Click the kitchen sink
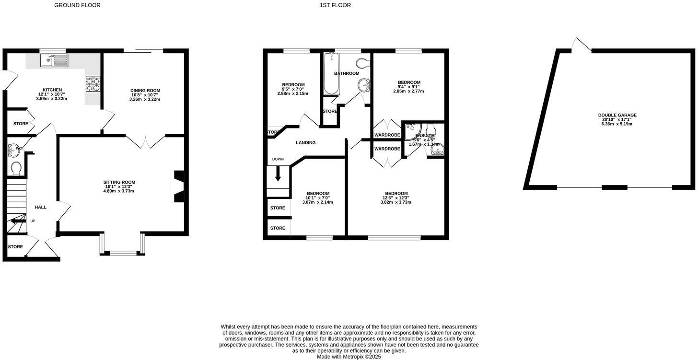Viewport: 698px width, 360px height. tap(54, 60)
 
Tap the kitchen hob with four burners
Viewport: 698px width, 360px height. tap(93, 84)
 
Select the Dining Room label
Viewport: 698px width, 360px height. tap(145, 91)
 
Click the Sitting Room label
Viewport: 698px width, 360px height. tap(119, 182)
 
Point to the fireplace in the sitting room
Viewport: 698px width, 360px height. tap(178, 186)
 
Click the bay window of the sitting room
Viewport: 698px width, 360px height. tap(123, 246)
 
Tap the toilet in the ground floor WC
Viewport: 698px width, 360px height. tap(16, 168)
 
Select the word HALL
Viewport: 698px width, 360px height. tap(41, 207)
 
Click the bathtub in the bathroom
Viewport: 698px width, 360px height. tap(331, 74)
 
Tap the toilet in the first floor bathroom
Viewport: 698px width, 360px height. tap(364, 62)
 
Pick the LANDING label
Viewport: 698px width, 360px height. tap(306, 143)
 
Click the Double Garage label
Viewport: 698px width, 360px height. tap(617, 115)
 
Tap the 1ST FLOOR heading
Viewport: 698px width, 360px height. tap(335, 5)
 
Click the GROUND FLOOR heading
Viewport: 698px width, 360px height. tap(77, 5)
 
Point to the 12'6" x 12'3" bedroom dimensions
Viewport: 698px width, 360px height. tap(396, 198)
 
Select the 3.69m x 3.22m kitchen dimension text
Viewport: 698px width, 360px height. tap(51, 99)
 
